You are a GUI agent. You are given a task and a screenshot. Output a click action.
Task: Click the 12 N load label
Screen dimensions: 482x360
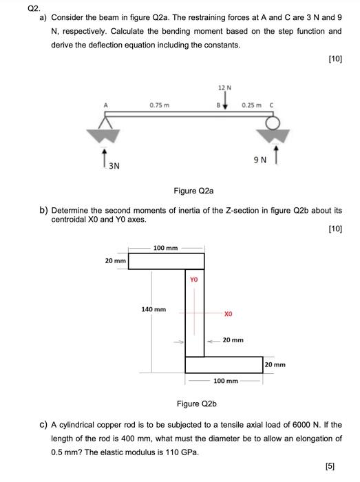222,87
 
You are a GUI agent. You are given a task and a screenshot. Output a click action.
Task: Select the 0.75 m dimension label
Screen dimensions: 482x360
160,105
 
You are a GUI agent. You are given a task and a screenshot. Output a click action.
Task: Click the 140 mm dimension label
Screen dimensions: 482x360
153,309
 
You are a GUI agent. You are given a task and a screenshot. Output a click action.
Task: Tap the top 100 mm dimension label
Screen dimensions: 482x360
165,246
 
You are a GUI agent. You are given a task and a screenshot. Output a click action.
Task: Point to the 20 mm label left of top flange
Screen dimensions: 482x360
115,261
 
